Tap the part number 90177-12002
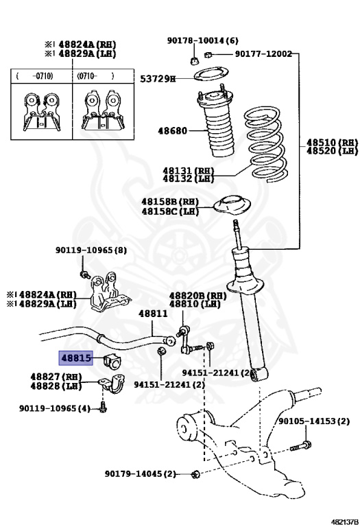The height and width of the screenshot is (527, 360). point(263,54)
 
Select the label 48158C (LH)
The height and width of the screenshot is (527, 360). point(170,211)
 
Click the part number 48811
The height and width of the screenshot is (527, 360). point(152,313)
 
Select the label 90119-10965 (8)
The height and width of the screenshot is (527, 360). point(91,250)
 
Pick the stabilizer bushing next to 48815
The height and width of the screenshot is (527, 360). point(112,359)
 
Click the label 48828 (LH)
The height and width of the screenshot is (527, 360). point(56,386)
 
